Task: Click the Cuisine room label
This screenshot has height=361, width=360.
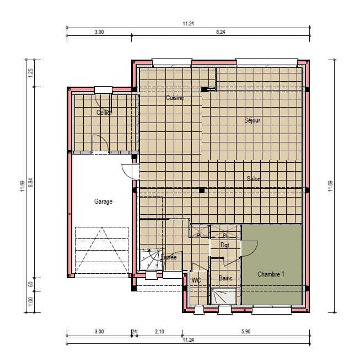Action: click(175, 98)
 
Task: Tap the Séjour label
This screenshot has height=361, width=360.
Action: click(252, 120)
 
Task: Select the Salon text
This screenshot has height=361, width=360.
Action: click(254, 178)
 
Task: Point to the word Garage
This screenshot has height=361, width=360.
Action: click(103, 201)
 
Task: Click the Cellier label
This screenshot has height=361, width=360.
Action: click(104, 113)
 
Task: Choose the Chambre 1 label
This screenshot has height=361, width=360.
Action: click(271, 274)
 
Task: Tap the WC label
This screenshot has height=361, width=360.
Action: click(196, 280)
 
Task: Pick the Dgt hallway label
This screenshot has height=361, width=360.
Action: click(224, 245)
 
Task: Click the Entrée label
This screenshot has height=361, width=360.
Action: click(168, 257)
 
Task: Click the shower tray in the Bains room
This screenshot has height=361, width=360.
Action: click(224, 296)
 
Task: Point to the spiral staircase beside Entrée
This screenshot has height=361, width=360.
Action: click(148, 259)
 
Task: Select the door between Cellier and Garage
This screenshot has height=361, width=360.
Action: click(100, 144)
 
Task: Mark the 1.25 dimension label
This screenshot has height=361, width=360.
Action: click(31, 72)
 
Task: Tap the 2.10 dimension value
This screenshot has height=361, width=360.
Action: click(159, 331)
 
